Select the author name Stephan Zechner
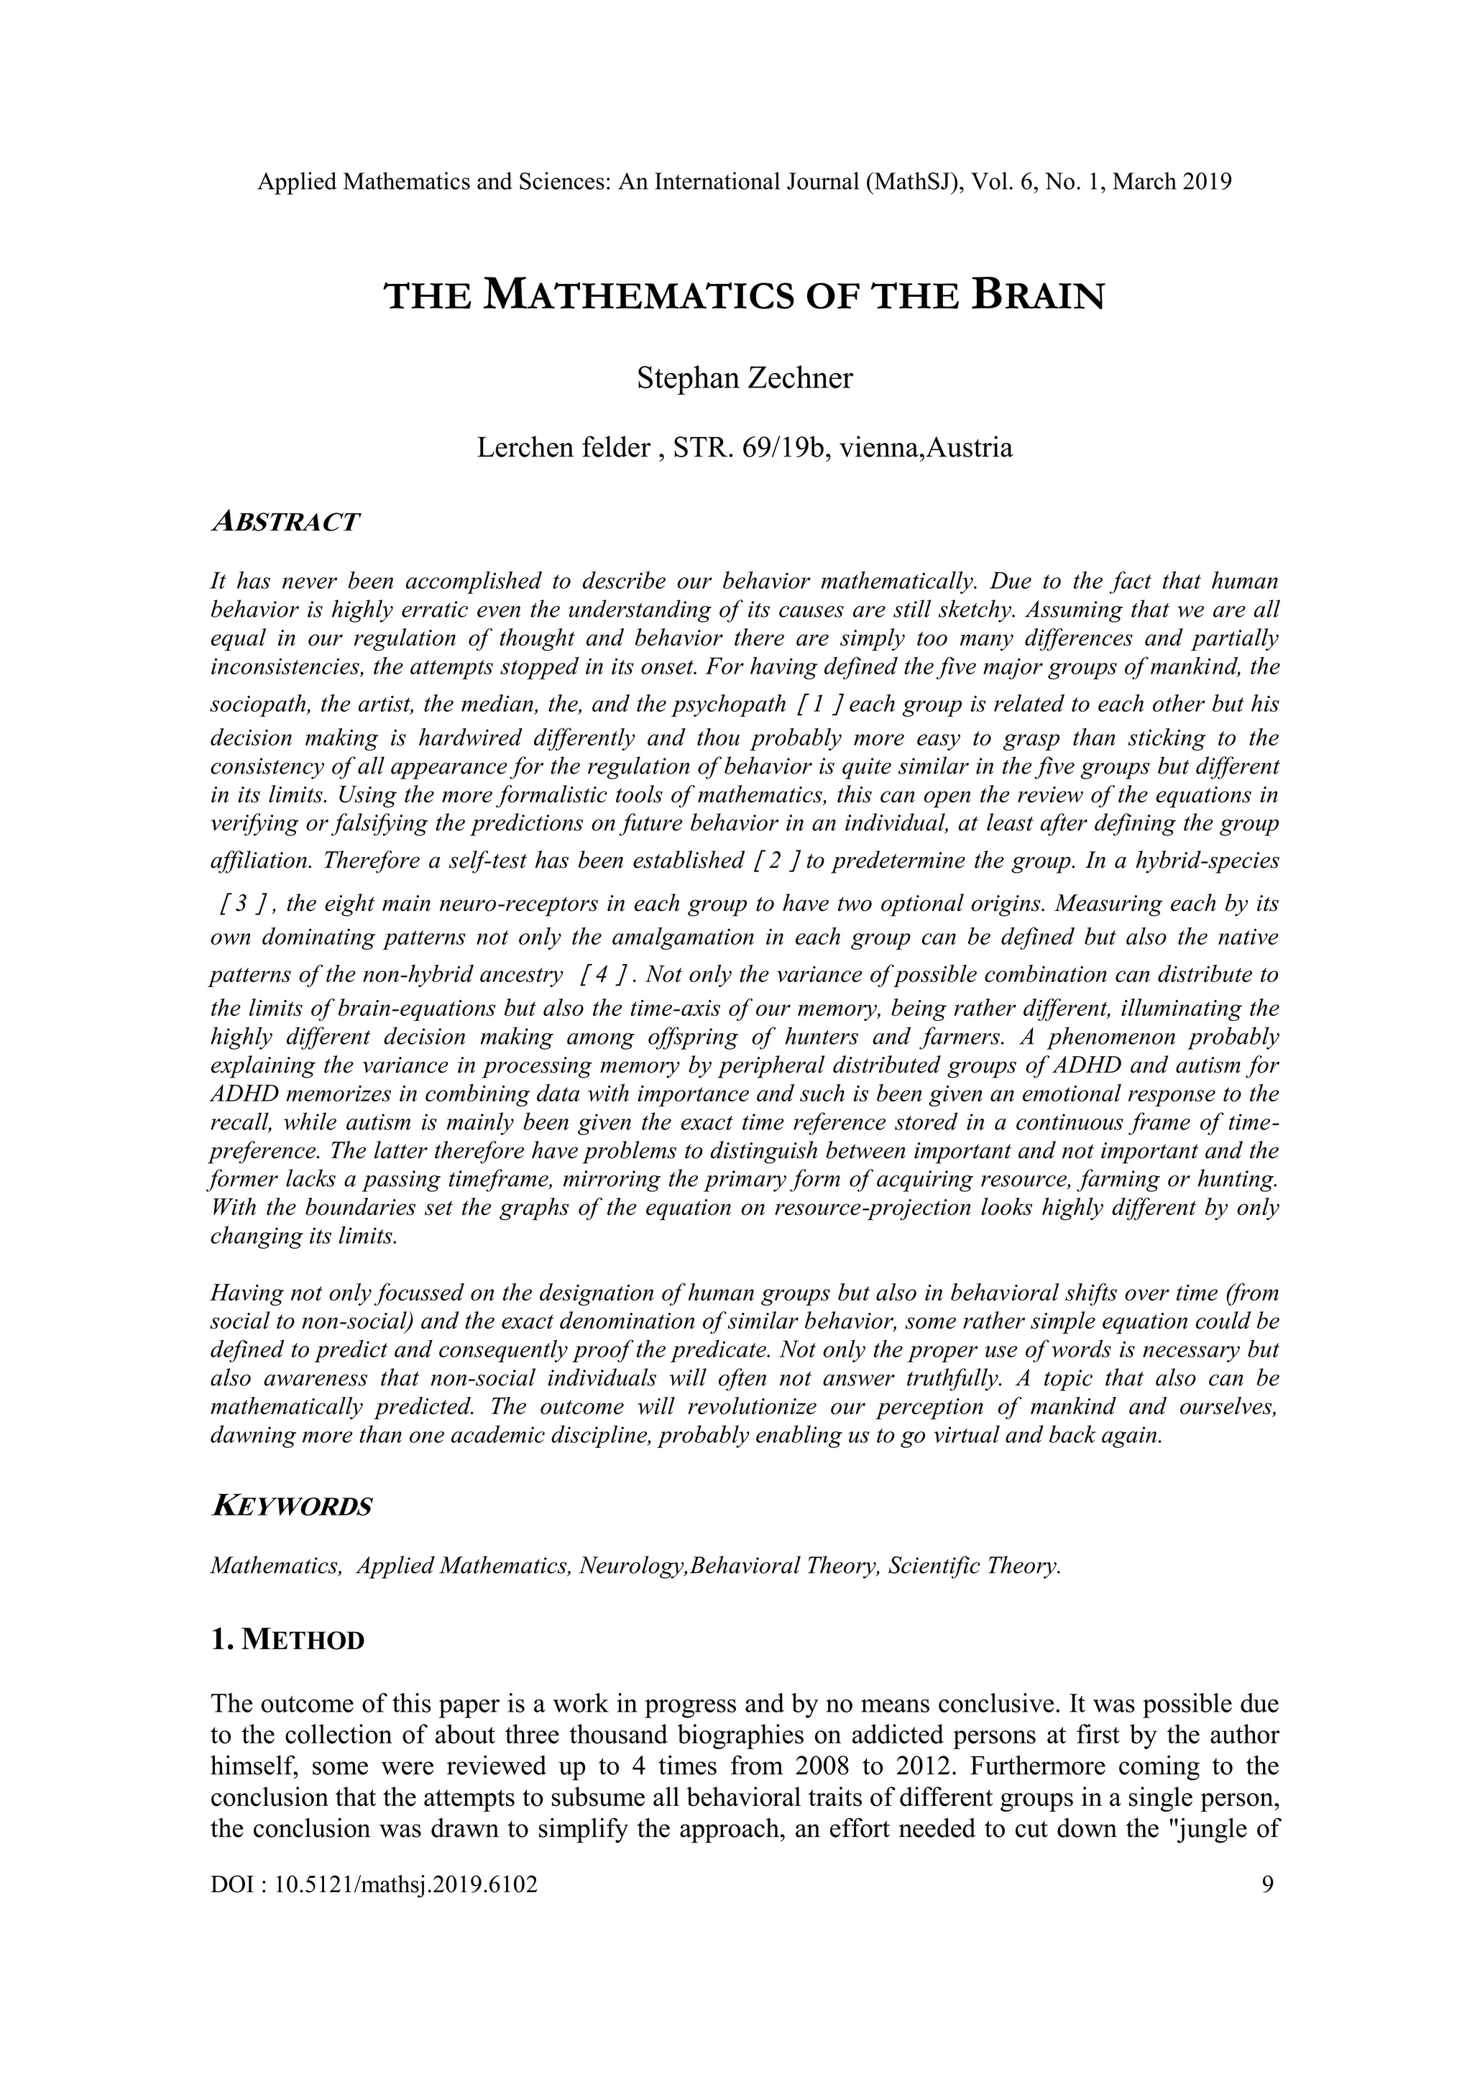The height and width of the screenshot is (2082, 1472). pos(744,377)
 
